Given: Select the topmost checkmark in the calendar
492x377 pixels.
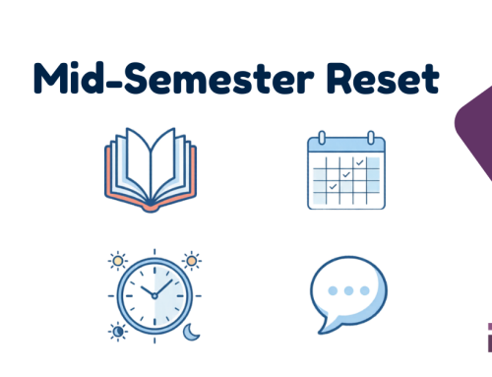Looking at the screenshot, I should (360, 160).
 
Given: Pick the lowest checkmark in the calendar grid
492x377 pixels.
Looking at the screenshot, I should (333, 185).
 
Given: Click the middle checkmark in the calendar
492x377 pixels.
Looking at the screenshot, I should (346, 173).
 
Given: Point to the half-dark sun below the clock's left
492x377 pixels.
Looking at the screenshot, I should (119, 333).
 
